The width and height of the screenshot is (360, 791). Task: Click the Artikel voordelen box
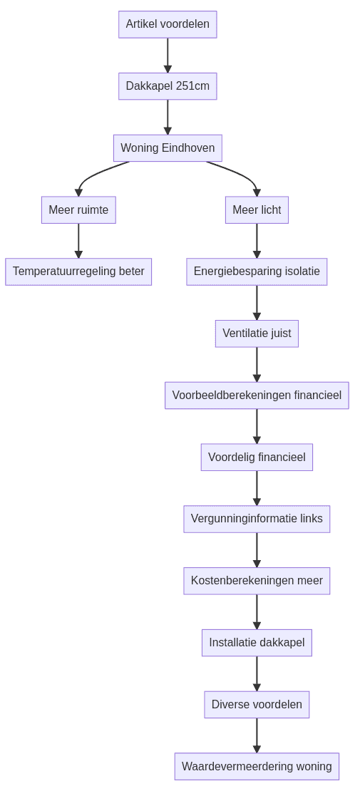click(x=168, y=24)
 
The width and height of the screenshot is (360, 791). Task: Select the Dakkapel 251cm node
click(x=168, y=86)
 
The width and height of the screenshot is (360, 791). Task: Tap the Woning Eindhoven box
click(x=168, y=148)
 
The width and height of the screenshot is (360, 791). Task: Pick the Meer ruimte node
click(x=78, y=210)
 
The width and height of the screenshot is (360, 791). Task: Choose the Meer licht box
click(x=257, y=210)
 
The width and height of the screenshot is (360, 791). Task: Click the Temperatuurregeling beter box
click(x=78, y=272)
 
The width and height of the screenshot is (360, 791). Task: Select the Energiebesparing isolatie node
click(x=257, y=272)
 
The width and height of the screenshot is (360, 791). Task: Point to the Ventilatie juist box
click(x=257, y=334)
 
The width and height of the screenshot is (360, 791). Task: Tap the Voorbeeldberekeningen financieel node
click(x=257, y=395)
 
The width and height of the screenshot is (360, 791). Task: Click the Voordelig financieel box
click(x=257, y=457)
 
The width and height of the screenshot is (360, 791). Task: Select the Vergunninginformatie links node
click(x=257, y=519)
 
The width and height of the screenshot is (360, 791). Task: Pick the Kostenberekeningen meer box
click(x=257, y=581)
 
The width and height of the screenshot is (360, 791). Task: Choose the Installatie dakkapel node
click(x=257, y=643)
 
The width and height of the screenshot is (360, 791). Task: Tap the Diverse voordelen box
click(x=257, y=705)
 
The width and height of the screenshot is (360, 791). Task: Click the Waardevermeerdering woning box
click(x=257, y=767)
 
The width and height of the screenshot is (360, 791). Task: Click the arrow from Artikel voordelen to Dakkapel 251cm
click(x=168, y=55)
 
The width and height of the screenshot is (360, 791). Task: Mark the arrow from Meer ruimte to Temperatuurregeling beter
click(x=78, y=241)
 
